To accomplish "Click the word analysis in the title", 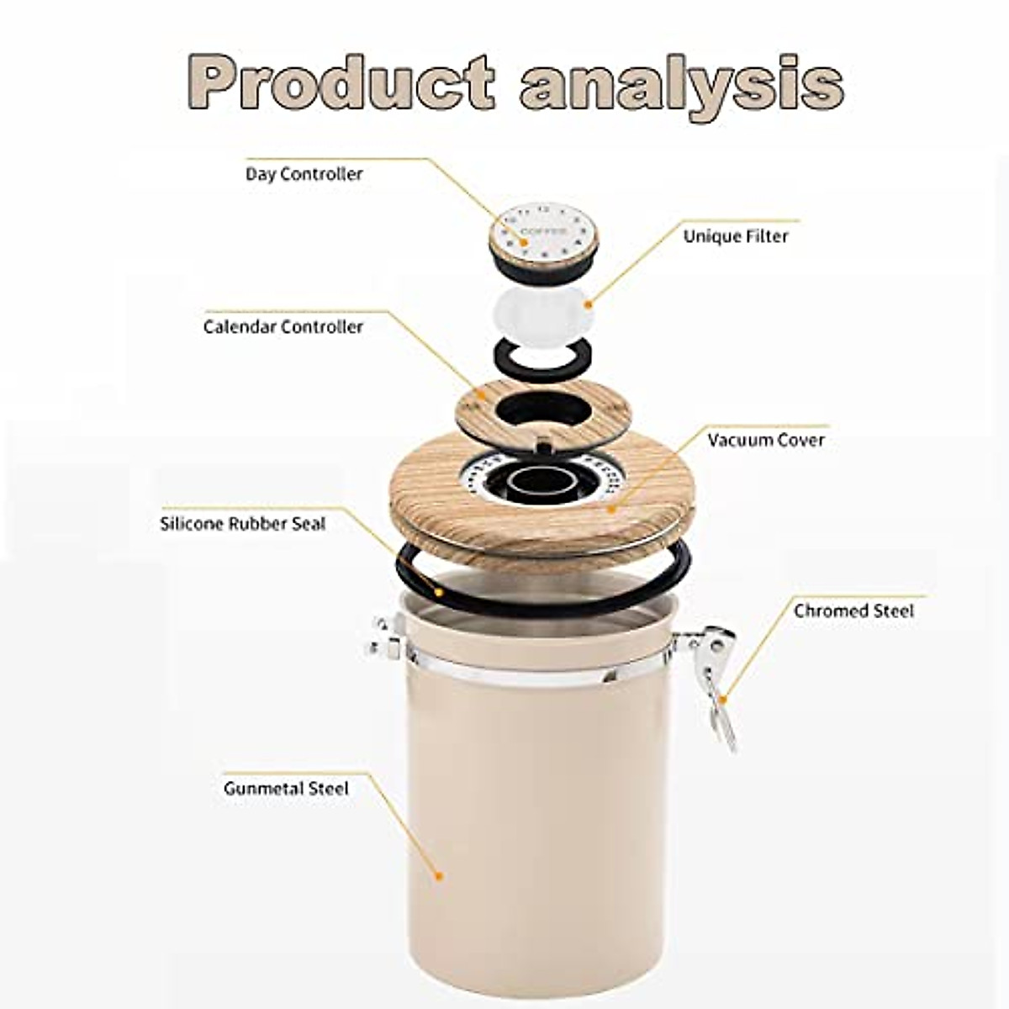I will coord(681,84).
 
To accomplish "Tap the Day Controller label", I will coord(304,174).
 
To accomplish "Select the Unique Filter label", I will coord(736,236).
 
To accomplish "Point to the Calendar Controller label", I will coord(283,326).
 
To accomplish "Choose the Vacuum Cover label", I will coord(766,440).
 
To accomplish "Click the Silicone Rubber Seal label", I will coord(242,524).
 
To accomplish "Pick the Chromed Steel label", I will coord(853,610).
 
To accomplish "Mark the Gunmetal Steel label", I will coord(286,789).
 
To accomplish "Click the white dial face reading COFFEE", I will coord(542,228).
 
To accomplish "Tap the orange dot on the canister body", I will coord(438,876).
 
